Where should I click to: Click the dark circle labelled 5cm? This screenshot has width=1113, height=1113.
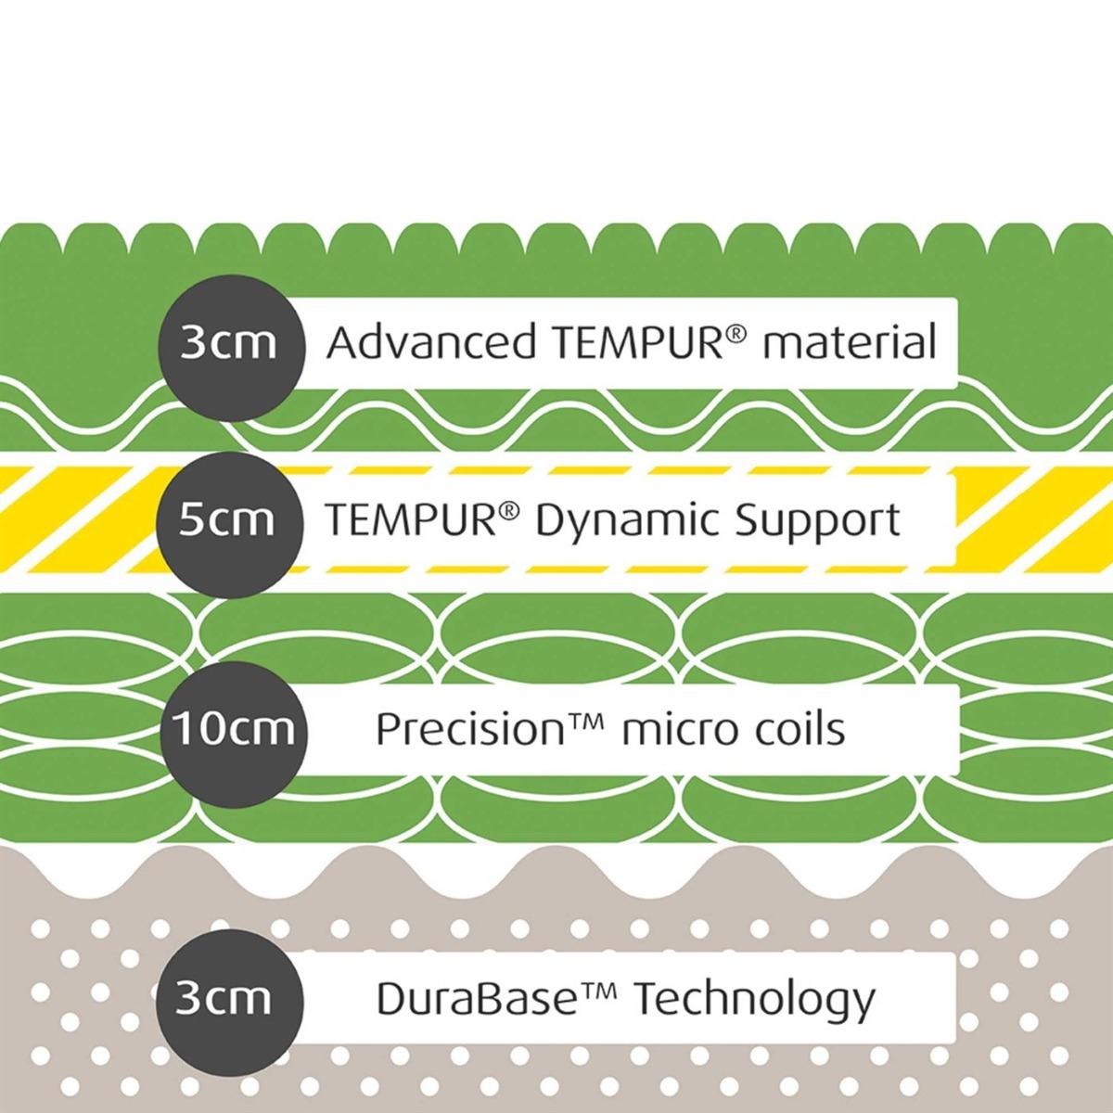coord(230,524)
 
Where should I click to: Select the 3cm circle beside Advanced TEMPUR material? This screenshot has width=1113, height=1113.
coord(232,348)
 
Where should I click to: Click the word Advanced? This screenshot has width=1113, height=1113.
coord(431,342)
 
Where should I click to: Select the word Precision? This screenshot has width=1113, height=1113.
coord(469,729)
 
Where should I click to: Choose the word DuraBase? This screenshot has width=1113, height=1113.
coord(476,999)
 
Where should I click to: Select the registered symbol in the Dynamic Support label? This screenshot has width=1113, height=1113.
coord(506,510)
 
